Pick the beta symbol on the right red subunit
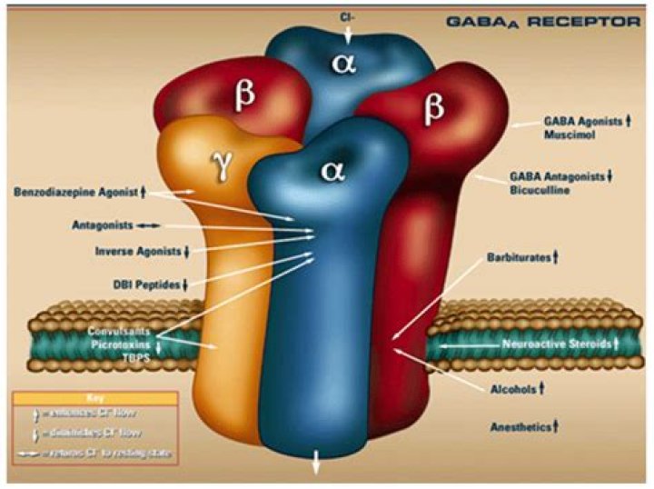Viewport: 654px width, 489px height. (x=435, y=112)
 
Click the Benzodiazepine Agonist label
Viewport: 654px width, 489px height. (x=80, y=193)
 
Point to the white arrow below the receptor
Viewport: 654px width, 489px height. (x=317, y=465)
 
